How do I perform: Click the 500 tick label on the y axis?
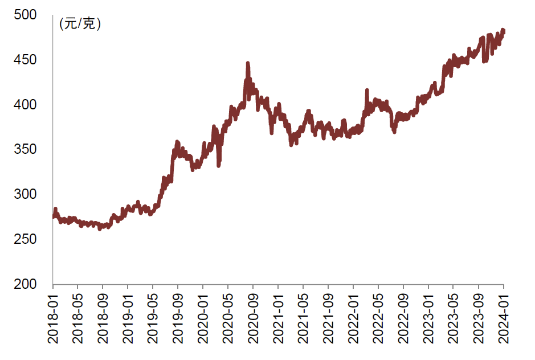coord(27,15)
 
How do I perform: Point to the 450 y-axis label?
coord(27,60)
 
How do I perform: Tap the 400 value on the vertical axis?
coord(27,105)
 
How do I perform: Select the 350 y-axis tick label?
coord(27,150)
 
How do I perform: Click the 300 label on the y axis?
coord(27,194)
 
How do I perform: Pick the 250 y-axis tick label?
coord(27,239)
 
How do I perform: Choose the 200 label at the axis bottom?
coord(27,284)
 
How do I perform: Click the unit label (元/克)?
coord(80,24)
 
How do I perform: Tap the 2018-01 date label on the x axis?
coord(53,319)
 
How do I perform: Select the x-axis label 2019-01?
coord(128,319)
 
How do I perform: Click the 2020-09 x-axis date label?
coord(254,319)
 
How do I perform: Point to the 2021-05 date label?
coord(304,319)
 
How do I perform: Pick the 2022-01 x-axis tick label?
coord(354,319)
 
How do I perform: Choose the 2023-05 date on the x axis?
coord(454,319)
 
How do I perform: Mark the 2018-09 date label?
coord(103,319)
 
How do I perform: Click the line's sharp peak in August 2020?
coord(247,63)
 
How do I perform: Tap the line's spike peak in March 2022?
coord(366,91)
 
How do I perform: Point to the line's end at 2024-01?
coord(503,31)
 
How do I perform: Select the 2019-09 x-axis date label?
coord(178,319)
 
